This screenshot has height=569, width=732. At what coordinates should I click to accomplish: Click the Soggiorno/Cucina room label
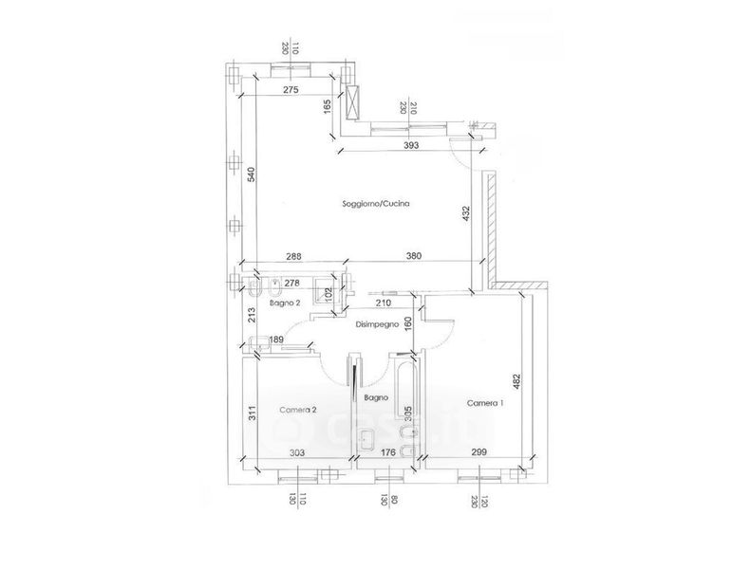[x=376, y=204]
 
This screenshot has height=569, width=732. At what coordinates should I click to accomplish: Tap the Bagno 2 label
[x=285, y=303]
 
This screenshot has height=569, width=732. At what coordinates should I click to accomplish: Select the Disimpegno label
[x=376, y=324]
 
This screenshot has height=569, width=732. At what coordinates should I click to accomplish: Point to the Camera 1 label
[x=485, y=404]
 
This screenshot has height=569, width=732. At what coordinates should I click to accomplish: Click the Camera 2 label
[x=298, y=410]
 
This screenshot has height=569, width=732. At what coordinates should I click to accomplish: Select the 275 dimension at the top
[x=291, y=89]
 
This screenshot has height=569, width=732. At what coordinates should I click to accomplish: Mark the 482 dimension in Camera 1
[x=518, y=380]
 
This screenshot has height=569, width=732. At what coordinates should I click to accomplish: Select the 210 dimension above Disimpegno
[x=383, y=303]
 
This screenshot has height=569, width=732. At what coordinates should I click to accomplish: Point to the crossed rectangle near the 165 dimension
[x=354, y=101]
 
